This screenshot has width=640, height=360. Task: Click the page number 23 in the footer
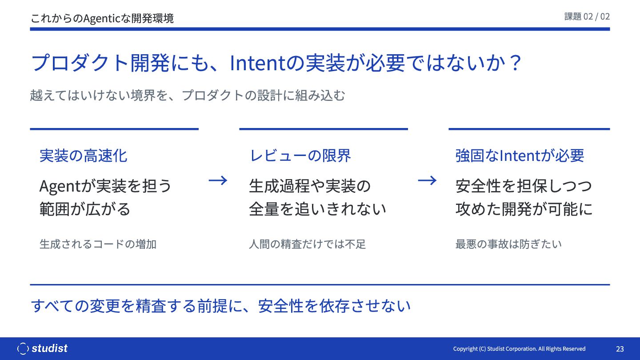pos(620,348)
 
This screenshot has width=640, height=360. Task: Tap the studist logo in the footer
pos(42,348)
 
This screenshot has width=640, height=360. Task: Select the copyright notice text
pos(519,348)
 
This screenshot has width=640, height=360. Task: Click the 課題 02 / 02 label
pos(587,16)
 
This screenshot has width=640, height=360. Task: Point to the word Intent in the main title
pos(257,63)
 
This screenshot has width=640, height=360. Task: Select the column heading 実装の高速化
pos(83,156)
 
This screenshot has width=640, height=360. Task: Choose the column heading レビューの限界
pos(300,156)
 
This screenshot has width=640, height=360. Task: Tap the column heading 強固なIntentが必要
pos(520,156)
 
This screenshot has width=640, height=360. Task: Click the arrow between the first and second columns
pos(218,180)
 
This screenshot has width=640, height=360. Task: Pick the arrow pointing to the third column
pos(427,180)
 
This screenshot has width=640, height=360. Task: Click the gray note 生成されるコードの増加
pos(98,244)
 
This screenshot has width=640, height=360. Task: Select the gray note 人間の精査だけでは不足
pos(307,244)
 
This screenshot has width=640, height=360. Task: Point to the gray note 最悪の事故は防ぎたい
pos(508,244)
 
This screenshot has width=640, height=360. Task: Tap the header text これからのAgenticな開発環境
pos(102,18)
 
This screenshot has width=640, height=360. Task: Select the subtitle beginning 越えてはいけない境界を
pos(188,96)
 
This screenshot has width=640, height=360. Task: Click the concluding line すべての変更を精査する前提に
pos(220,306)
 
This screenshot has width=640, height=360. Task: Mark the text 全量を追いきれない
pos(317,209)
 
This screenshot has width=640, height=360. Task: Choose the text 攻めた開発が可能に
pos(524,209)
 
